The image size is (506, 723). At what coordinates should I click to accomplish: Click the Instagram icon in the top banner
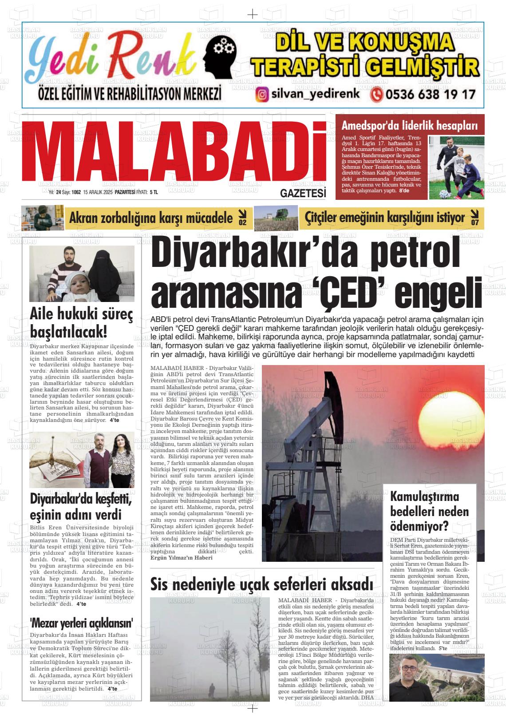pos(263,95)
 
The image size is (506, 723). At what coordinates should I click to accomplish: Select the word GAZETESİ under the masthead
pos(303,194)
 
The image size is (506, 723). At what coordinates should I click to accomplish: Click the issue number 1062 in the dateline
pos(76,192)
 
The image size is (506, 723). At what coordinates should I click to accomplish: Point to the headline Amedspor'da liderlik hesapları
pos(409,126)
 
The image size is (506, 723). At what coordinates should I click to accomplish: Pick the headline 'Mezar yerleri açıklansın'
pos(82,622)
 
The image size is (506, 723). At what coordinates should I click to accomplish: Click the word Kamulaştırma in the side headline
pos(424,496)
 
